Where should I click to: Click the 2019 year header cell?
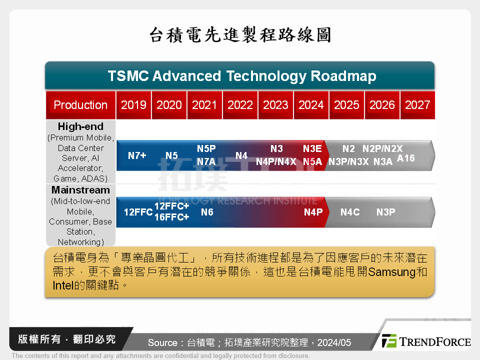tap(133, 105)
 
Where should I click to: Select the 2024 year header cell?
tap(311, 105)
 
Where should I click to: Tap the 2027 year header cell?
tap(417, 105)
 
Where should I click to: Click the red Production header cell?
tap(80, 105)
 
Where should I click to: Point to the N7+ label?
tap(137, 155)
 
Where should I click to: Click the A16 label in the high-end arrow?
tap(405, 158)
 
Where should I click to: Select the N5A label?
tap(312, 161)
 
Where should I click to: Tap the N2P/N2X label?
tap(382, 148)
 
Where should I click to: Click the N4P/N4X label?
tap(276, 161)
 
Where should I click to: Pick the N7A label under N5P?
tap(206, 161)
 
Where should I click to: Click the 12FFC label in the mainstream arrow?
tap(138, 212)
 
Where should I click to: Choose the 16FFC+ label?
tap(171, 217)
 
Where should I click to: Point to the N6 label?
tap(207, 212)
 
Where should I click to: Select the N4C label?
tap(350, 212)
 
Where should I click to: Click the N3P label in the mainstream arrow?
tap(385, 212)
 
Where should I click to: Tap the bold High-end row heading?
tap(80, 126)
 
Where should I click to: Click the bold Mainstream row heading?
tap(80, 190)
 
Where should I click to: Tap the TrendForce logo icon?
tap(389, 341)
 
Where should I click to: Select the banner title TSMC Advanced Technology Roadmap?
tap(242, 76)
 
